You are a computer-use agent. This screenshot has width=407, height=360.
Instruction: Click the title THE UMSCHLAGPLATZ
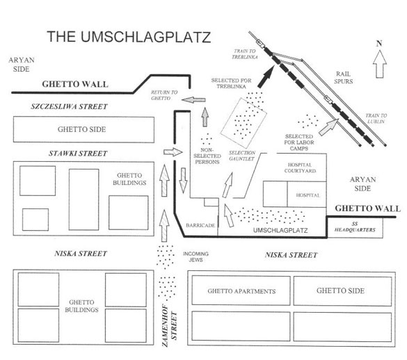[x=129, y=37]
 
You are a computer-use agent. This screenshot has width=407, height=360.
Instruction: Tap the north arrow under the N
[x=379, y=64]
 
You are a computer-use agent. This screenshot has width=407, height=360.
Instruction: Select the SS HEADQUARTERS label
[x=355, y=227]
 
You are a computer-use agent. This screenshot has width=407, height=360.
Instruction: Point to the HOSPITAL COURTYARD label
[x=300, y=167]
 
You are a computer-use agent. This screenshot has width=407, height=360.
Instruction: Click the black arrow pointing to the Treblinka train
[x=266, y=76]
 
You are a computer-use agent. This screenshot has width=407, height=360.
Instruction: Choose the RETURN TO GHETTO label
[x=164, y=95]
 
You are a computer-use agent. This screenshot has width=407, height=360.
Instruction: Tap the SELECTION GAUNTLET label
[x=242, y=156]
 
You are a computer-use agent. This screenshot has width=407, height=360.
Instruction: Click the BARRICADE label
[x=200, y=225]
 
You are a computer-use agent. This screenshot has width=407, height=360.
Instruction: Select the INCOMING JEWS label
[x=195, y=256]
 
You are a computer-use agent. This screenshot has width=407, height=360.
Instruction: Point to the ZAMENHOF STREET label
[x=170, y=326]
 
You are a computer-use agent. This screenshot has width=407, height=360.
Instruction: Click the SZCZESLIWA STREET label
[x=69, y=106]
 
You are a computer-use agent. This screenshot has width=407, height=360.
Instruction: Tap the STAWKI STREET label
[x=78, y=154]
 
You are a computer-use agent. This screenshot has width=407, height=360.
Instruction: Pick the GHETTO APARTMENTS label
[x=241, y=291]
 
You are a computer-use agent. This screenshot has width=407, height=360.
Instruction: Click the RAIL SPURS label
[x=343, y=78]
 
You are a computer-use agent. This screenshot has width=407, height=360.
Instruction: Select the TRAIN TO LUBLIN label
[x=376, y=118]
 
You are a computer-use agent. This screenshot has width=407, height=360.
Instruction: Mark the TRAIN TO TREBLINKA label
[x=244, y=54]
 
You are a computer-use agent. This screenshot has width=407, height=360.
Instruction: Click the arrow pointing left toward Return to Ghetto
[x=193, y=99]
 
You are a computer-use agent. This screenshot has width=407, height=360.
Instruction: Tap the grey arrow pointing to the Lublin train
[x=328, y=126]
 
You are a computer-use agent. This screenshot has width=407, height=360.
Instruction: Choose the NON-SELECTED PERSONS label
[x=207, y=156]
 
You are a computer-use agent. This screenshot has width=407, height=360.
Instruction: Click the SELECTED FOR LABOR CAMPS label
[x=299, y=142]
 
